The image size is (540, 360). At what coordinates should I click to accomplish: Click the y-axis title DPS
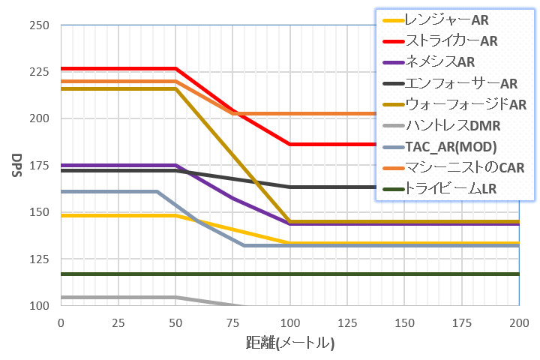16,166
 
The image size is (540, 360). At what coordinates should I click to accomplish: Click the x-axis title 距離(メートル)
289,343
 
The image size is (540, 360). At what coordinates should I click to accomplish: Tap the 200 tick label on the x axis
519,322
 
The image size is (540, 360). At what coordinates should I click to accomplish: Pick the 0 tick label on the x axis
61,322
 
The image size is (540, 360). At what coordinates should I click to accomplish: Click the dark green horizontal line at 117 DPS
300,274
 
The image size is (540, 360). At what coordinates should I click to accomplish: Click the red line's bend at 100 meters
290,144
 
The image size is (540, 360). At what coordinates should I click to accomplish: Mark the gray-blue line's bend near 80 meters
244,245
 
